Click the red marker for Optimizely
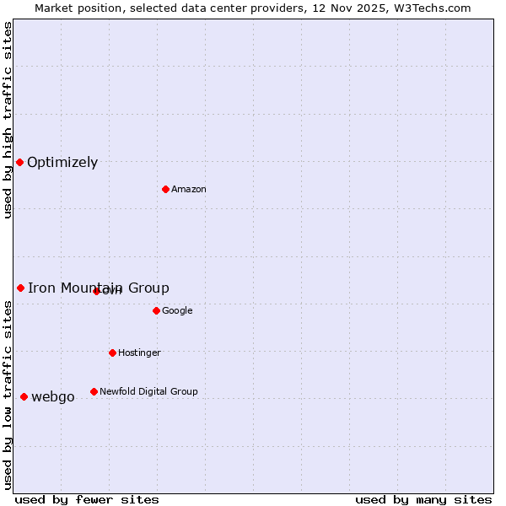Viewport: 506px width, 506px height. tap(19, 162)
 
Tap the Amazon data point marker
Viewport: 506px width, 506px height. tap(165, 189)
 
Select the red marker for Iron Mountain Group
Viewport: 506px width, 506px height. tap(20, 288)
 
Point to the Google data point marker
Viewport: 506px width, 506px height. tap(156, 310)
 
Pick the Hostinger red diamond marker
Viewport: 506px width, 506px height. tap(112, 353)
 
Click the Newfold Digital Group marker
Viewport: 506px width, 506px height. tap(94, 391)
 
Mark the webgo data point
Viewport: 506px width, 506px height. tap(24, 396)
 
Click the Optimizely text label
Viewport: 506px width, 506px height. tap(62, 163)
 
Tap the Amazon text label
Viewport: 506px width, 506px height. tap(189, 189)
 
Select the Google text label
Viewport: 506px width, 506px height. tap(177, 310)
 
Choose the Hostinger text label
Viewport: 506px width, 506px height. tap(139, 353)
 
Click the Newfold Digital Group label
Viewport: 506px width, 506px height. tap(148, 391)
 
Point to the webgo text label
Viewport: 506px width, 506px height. tap(53, 397)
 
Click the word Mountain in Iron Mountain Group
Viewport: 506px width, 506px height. tap(93, 288)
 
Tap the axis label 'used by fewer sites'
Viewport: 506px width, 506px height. tap(87, 499)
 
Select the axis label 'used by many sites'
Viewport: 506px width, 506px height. tap(423, 499)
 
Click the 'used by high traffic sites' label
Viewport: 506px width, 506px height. tap(8, 120)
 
